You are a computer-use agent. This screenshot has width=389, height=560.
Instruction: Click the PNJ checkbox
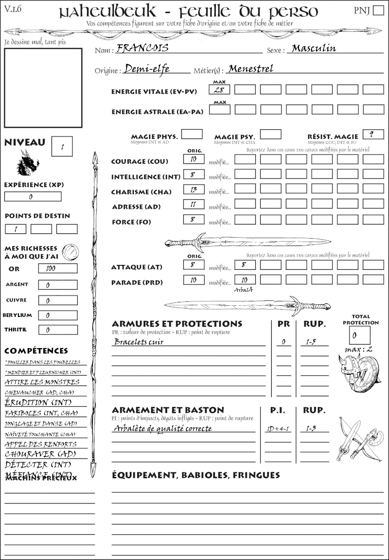click(377, 11)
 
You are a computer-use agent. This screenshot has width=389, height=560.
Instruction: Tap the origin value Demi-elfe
click(146, 69)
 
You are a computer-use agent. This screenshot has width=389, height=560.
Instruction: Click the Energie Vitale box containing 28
click(219, 89)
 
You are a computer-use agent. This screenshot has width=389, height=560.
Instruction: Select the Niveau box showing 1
click(62, 146)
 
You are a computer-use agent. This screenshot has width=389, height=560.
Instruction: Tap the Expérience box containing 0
click(33, 196)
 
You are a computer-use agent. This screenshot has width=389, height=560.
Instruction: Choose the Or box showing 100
click(57, 268)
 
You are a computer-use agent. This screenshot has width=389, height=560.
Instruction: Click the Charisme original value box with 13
click(194, 190)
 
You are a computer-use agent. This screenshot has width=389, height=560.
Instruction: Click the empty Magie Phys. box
click(192, 134)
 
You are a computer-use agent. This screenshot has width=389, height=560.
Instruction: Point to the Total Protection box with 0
click(359, 335)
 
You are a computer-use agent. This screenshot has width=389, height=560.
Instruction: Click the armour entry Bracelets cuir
click(139, 342)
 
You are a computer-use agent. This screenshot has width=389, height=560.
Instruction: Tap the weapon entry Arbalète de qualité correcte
click(163, 428)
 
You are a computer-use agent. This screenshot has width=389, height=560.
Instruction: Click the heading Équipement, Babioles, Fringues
click(196, 474)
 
